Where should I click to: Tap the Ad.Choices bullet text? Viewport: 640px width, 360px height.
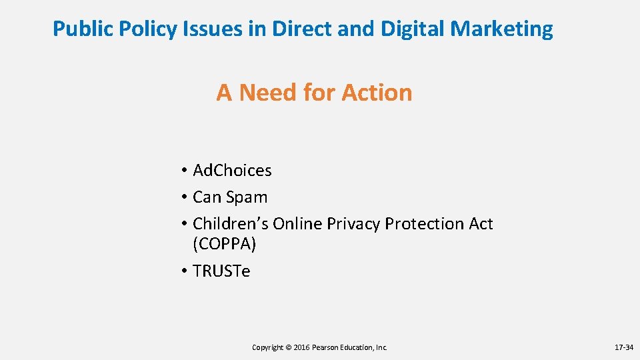(232, 171)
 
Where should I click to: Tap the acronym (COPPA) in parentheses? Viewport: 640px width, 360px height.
(224, 244)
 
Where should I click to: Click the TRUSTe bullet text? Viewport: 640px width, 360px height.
(221, 271)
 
